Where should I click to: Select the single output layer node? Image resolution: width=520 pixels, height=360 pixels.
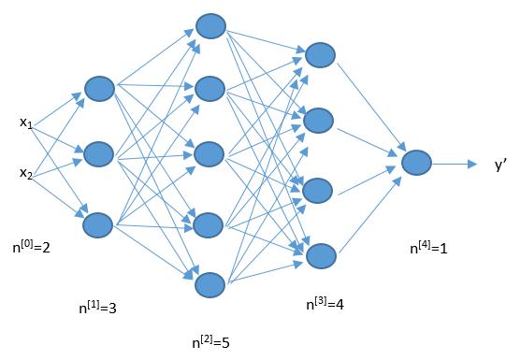[416, 163]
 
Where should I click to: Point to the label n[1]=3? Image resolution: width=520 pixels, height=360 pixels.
[99, 306]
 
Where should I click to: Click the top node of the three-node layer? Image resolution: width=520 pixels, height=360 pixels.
[98, 88]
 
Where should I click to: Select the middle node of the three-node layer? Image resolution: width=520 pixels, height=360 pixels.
[98, 153]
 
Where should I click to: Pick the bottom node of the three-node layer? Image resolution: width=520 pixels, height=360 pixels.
[98, 224]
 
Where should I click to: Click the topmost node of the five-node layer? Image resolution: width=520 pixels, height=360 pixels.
[209, 25]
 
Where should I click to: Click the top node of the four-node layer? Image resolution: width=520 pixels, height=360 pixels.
[320, 55]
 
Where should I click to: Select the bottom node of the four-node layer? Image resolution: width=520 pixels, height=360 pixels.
[320, 255]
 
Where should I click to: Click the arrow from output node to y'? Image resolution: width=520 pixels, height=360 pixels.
[455, 164]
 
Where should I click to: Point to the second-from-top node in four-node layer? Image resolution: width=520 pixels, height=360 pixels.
[320, 120]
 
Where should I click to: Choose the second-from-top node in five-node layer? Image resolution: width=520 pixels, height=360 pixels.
[209, 89]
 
